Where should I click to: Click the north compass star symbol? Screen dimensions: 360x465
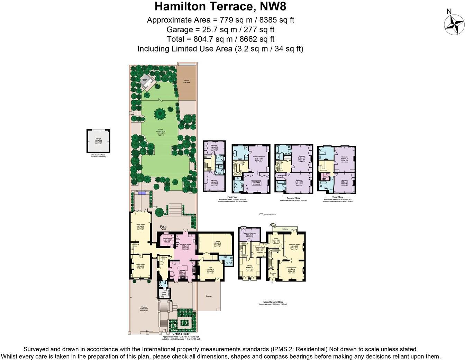pyautogui.click(x=454, y=25)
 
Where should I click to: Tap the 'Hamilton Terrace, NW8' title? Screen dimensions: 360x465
pyautogui.click(x=220, y=6)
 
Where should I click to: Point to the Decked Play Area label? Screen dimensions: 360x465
pyautogui.click(x=186, y=82)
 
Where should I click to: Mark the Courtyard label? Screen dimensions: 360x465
pyautogui.click(x=209, y=296)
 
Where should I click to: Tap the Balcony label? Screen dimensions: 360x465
pyautogui.click(x=285, y=229)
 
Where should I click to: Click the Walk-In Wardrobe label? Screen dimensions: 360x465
pyautogui.click(x=281, y=176)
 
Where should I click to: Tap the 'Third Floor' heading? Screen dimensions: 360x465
pyautogui.click(x=338, y=197)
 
